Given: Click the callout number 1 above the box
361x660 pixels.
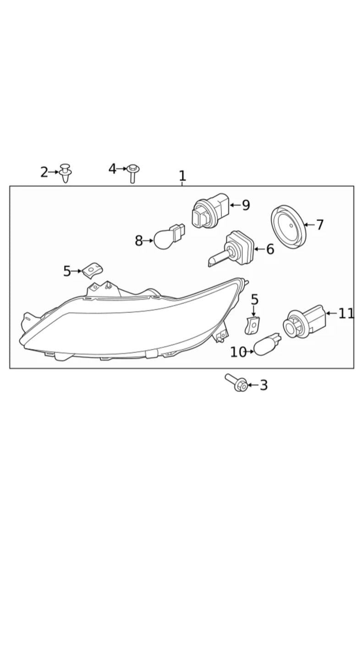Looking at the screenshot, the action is [x=182, y=176].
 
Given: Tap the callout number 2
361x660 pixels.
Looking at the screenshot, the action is [x=44, y=172].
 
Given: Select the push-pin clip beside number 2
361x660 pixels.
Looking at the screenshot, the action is [x=66, y=173].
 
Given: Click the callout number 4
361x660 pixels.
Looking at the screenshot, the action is [x=113, y=169].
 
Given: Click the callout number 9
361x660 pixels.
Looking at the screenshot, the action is [x=246, y=205].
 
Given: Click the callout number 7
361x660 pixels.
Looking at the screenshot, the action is [x=320, y=225].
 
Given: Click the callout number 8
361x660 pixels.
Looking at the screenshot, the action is [x=139, y=241].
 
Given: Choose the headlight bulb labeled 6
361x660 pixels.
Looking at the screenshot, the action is [x=231, y=249].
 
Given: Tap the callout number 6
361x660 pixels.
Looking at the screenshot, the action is [x=270, y=249].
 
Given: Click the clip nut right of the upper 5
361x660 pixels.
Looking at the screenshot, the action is [x=93, y=270].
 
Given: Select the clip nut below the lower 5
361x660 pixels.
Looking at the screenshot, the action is [x=252, y=325].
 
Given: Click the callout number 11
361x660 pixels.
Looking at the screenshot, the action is [x=346, y=313].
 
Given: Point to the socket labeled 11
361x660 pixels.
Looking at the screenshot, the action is [x=305, y=322].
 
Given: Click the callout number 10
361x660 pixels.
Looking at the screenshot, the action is [x=238, y=352].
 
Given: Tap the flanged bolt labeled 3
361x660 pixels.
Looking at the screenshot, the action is [x=236, y=383].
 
